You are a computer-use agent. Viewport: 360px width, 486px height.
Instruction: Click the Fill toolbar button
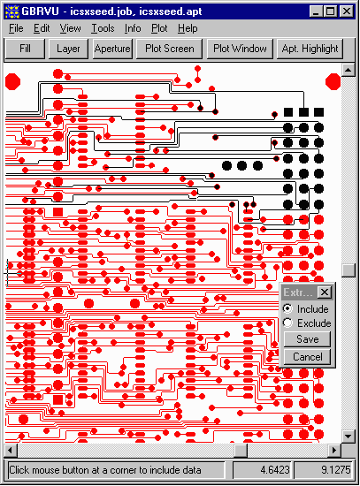tap(25, 49)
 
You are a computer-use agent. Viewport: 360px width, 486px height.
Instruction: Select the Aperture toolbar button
tap(112, 49)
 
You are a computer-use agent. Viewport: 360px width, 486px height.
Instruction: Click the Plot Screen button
tap(170, 49)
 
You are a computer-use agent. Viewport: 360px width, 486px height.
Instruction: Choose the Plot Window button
tap(240, 49)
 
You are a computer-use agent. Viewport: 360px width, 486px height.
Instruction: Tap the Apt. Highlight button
tap(310, 49)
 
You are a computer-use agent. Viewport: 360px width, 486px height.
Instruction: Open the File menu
tap(16, 28)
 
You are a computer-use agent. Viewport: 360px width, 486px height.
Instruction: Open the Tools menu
tap(103, 28)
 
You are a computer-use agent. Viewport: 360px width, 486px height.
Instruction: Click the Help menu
tap(188, 28)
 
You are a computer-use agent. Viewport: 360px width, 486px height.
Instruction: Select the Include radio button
tap(287, 308)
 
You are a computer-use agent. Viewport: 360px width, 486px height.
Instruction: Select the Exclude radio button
tap(287, 323)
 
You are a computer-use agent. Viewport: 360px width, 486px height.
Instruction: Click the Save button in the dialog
tap(307, 339)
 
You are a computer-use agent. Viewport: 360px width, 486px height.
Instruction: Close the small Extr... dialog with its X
tap(325, 292)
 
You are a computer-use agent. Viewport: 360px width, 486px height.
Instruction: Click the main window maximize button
tap(331, 11)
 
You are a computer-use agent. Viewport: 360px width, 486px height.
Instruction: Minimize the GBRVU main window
tap(317, 11)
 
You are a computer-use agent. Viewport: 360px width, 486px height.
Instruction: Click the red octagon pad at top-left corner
tap(12, 82)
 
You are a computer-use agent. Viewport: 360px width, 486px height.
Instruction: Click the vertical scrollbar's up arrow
tap(348, 70)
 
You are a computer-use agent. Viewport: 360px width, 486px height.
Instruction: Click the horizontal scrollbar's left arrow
tap(11, 450)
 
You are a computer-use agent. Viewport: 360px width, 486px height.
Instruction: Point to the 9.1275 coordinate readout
tap(336, 470)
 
